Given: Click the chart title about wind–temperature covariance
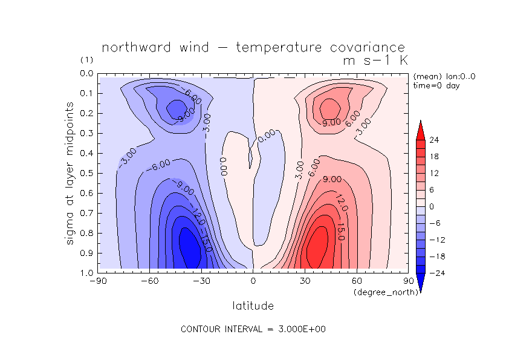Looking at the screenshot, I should (x=253, y=48).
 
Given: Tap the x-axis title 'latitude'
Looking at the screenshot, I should (x=253, y=306).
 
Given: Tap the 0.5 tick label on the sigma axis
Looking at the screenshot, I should (x=86, y=173).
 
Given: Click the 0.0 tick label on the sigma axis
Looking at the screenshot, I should (x=86, y=73).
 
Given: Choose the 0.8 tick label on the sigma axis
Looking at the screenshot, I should (x=86, y=233).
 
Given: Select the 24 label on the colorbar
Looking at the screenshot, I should (x=433, y=140).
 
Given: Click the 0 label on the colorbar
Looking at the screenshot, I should (x=432, y=206).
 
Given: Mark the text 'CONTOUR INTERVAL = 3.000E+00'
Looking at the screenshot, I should (x=253, y=329).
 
